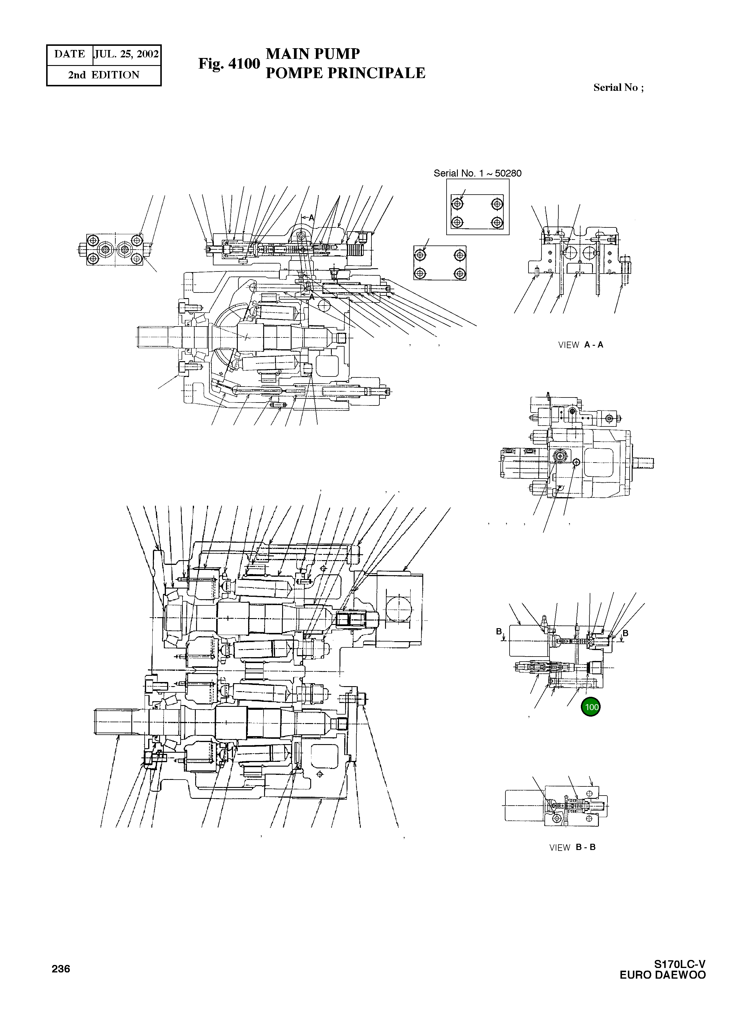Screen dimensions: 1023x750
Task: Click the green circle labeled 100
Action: [591, 707]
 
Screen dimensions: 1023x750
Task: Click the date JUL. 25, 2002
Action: [127, 54]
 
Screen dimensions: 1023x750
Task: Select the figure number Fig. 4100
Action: [229, 64]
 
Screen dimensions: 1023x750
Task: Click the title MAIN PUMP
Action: [313, 54]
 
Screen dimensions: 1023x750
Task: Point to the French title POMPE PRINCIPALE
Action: [345, 73]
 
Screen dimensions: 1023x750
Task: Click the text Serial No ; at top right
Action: [618, 88]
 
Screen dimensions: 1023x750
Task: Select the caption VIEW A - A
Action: [581, 345]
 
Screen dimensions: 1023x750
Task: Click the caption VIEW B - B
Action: [572, 848]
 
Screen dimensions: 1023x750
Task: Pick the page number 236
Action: [61, 969]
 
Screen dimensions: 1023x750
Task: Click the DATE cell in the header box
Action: [69, 54]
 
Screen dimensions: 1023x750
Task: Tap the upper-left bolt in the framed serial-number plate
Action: [458, 204]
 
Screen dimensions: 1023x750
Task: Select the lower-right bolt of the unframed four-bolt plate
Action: [460, 273]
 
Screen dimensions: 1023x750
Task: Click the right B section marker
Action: [625, 633]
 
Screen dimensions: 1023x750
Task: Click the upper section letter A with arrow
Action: [311, 218]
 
